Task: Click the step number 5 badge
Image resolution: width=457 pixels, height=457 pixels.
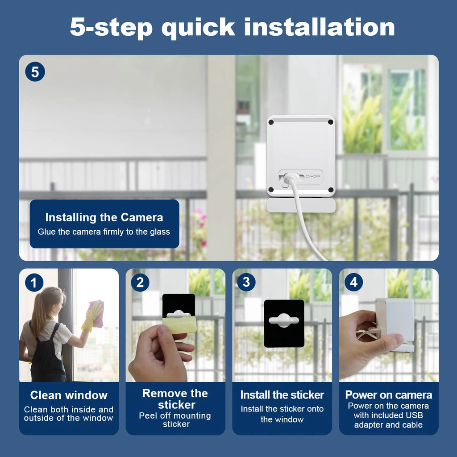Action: point(35,72)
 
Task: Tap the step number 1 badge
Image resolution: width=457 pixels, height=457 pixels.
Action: point(34,283)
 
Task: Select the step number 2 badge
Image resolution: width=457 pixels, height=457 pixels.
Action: point(140,282)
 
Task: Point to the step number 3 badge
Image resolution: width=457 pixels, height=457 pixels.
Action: point(246,282)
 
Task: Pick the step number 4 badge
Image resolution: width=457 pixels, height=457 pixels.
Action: point(353,282)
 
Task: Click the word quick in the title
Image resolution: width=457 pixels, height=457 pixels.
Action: point(198,28)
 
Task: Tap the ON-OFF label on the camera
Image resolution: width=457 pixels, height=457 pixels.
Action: point(313,176)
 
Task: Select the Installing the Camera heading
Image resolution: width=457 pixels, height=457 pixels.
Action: point(104,217)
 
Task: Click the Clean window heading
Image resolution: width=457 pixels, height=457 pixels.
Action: point(69,395)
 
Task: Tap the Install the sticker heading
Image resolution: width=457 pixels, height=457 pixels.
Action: point(282,395)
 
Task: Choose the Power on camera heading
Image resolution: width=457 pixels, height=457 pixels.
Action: point(389,395)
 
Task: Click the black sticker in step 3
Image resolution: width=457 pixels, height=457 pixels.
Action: point(284,323)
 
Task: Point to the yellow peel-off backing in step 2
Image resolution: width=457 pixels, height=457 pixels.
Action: point(179,324)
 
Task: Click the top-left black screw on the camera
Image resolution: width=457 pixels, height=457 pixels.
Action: point(271,122)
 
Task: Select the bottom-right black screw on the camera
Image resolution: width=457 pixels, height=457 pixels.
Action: point(331,190)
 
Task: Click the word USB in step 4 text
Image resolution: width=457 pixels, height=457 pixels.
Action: point(414,415)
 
